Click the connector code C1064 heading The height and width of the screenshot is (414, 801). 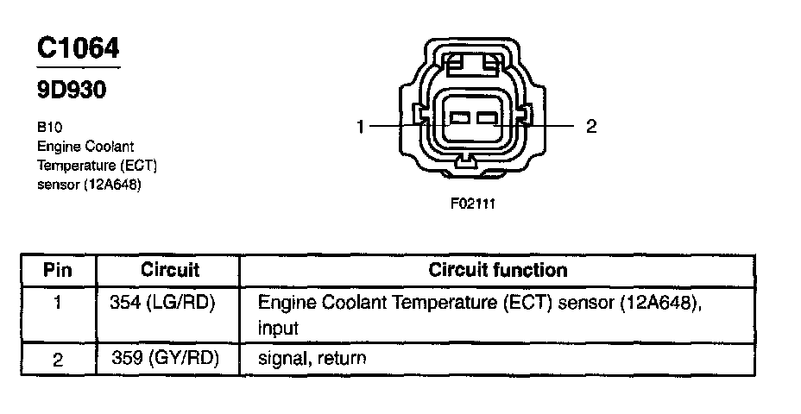tap(77, 49)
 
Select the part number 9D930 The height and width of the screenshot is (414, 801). tap(71, 90)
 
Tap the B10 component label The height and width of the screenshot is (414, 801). tap(49, 127)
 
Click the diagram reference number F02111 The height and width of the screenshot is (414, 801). tap(473, 204)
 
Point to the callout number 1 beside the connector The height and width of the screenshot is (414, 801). tap(362, 127)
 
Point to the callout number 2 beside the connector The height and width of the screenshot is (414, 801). tap(590, 127)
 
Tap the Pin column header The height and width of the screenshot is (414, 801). tap(58, 270)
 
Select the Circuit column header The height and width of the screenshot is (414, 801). tap(169, 270)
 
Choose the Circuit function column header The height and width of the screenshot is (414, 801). tap(498, 270)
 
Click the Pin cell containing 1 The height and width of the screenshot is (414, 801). tap(58, 304)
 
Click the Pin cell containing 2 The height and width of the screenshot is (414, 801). tap(58, 359)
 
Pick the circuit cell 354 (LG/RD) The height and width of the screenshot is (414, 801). tap(163, 304)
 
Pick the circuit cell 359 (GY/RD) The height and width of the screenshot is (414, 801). tap(163, 358)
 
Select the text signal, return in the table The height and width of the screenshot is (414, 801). tap(312, 358)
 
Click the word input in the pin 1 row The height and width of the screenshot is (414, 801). tap(278, 329)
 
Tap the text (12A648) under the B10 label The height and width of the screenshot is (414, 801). tap(112, 184)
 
